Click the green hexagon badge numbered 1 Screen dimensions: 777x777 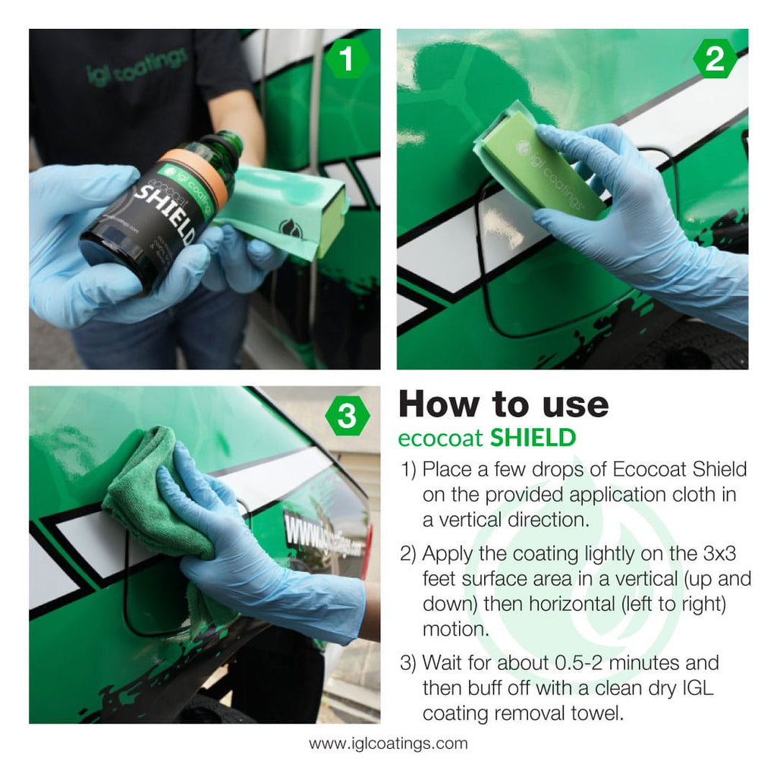point(347,60)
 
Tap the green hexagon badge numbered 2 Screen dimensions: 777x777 point(715,60)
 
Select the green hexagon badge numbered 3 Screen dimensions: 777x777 point(347,417)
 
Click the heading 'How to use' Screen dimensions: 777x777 point(503,404)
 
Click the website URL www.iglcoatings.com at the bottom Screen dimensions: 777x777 point(388,744)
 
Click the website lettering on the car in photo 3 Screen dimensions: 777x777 point(322,535)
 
